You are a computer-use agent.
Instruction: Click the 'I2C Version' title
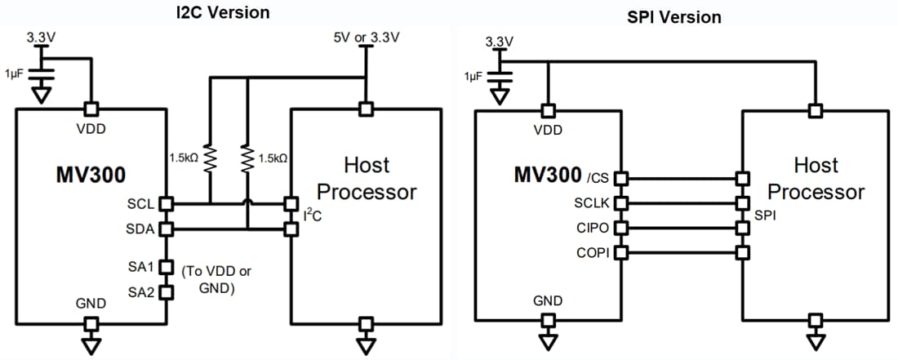[x=223, y=11]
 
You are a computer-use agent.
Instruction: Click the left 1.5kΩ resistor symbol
[x=210, y=157]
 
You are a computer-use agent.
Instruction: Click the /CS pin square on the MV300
[x=621, y=177]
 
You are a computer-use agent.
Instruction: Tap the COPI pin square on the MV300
[x=621, y=252]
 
